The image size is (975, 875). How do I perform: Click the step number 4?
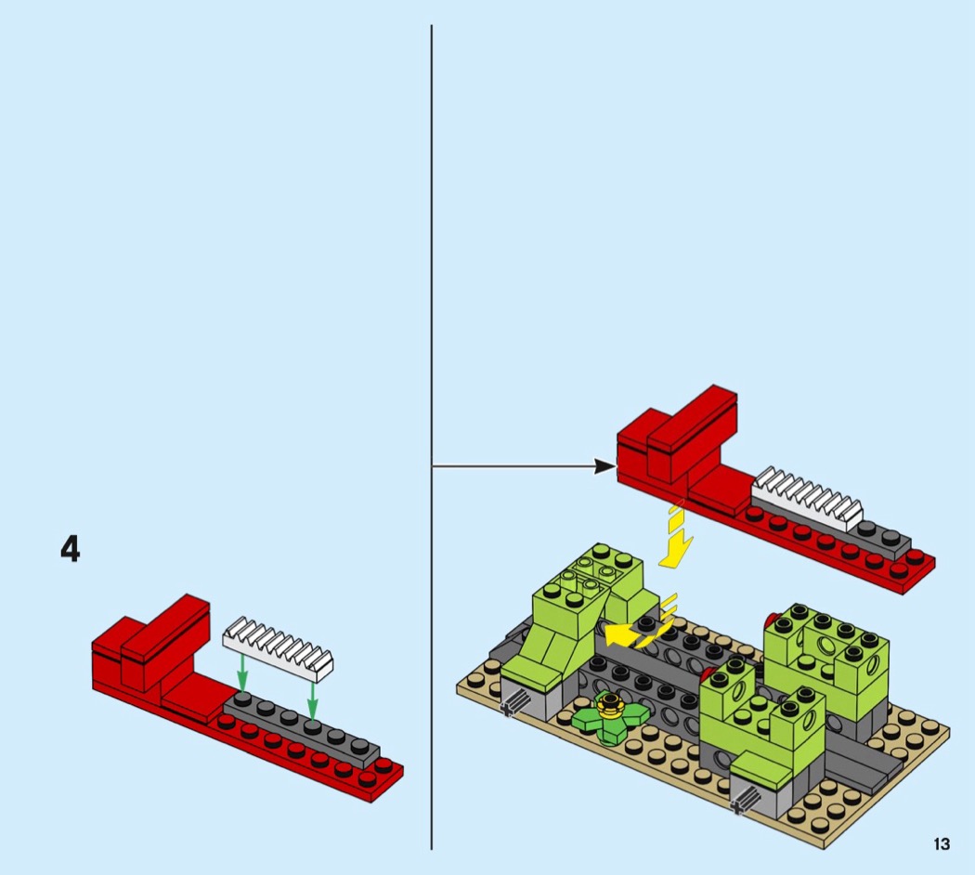tap(71, 549)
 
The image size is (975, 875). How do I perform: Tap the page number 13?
tap(942, 844)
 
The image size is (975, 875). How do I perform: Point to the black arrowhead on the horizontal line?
tap(604, 465)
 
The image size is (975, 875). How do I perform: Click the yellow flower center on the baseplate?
tap(611, 706)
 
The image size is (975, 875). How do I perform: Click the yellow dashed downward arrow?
tap(676, 535)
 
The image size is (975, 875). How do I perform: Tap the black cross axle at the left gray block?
tap(514, 705)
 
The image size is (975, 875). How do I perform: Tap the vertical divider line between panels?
tap(431, 437)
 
